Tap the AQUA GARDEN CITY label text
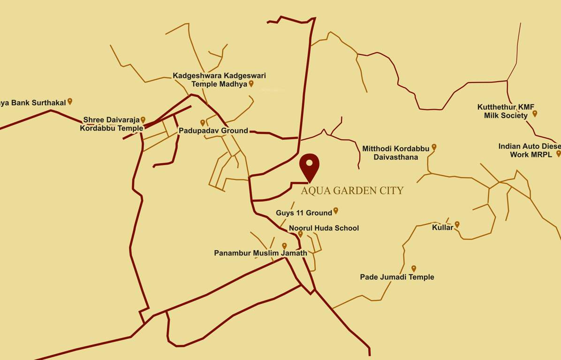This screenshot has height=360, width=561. point(352,190)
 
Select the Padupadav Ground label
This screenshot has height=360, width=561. point(213,131)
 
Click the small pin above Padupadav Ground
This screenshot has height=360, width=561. point(203,122)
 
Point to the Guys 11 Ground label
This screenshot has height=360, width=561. point(304,213)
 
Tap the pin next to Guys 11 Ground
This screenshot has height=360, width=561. point(336,210)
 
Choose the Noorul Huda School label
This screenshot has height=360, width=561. point(324,228)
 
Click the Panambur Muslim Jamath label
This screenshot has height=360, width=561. point(260,253)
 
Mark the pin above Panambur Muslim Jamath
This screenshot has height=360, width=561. point(284,246)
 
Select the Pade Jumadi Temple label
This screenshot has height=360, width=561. point(397,277)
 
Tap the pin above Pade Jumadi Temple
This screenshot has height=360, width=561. point(414,269)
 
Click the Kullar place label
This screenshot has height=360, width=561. point(442,228)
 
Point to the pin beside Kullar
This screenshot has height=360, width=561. point(457,225)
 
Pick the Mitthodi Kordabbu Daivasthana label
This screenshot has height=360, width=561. point(396,153)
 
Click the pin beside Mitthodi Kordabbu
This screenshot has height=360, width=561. point(434,147)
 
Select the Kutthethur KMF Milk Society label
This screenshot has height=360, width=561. point(506,111)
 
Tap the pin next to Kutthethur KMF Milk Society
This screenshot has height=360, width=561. point(535,113)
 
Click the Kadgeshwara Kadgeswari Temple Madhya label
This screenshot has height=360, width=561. point(219,80)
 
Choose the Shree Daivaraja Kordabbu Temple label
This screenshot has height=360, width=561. point(112,124)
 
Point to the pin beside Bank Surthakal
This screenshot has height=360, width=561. point(70,101)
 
